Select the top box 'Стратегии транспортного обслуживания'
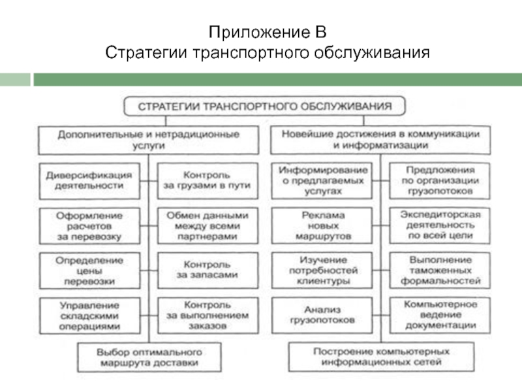[264, 105]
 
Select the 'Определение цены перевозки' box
[90, 269]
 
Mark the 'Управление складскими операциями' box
[90, 314]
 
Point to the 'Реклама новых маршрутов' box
[322, 225]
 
